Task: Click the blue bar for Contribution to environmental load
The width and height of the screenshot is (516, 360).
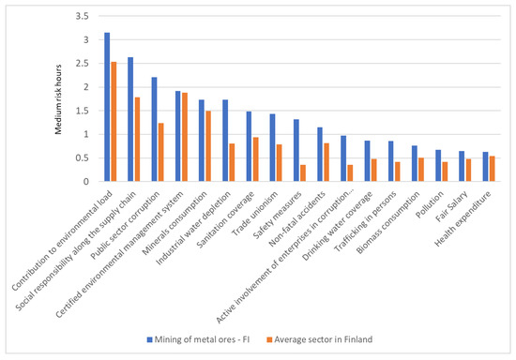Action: pos(107,107)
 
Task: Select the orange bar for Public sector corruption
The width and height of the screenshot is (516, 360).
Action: pos(161,152)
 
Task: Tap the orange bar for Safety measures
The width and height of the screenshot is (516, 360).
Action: pos(303,172)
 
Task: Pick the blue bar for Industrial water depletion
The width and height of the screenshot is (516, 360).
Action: pos(225,141)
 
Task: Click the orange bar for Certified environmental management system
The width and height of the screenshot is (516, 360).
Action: pos(185,137)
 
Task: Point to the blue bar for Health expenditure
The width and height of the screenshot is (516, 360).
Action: pos(485,167)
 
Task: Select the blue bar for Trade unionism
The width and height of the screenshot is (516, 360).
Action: pos(272,147)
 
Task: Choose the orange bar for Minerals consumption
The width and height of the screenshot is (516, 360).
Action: pos(208,146)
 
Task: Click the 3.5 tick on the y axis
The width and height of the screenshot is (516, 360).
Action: pos(83,16)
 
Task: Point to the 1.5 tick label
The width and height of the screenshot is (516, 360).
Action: pos(83,111)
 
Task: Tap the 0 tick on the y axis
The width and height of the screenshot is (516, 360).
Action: pos(86,182)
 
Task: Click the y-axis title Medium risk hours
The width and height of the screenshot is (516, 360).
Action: pos(58,99)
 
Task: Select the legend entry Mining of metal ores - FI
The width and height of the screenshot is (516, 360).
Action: pos(198,339)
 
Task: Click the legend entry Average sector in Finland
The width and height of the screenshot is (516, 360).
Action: pos(320,339)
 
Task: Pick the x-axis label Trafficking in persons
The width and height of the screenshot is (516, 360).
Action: pos(366,222)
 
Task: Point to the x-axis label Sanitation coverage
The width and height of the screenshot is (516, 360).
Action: pos(225,220)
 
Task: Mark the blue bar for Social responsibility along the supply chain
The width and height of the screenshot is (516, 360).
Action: pos(130,119)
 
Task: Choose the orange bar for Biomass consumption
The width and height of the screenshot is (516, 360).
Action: pos(421,170)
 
